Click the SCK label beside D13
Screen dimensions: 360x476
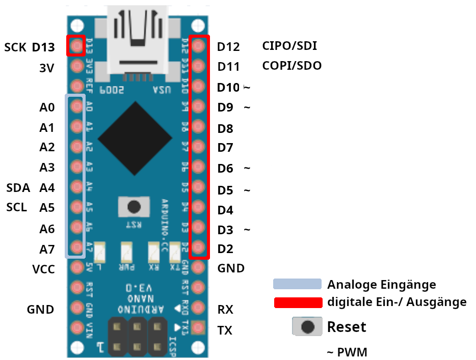(x=15, y=47)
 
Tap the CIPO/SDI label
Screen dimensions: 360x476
(x=289, y=46)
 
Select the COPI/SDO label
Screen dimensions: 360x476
(x=292, y=66)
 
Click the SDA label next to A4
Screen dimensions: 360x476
(x=18, y=187)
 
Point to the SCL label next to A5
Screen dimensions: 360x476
(x=17, y=207)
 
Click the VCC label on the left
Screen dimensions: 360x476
(x=43, y=269)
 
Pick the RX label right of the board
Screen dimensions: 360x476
(x=225, y=310)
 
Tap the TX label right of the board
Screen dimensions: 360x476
(x=225, y=330)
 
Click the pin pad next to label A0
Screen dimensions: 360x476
(x=76, y=106)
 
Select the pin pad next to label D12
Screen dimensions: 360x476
(x=199, y=46)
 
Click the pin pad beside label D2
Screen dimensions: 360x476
(x=199, y=248)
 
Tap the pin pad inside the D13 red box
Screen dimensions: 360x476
(x=76, y=46)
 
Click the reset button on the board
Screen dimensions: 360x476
(x=134, y=207)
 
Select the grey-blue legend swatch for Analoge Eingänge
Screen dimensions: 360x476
(x=297, y=284)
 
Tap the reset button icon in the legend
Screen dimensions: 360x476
(x=307, y=326)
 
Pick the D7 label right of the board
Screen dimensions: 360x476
(x=225, y=148)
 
